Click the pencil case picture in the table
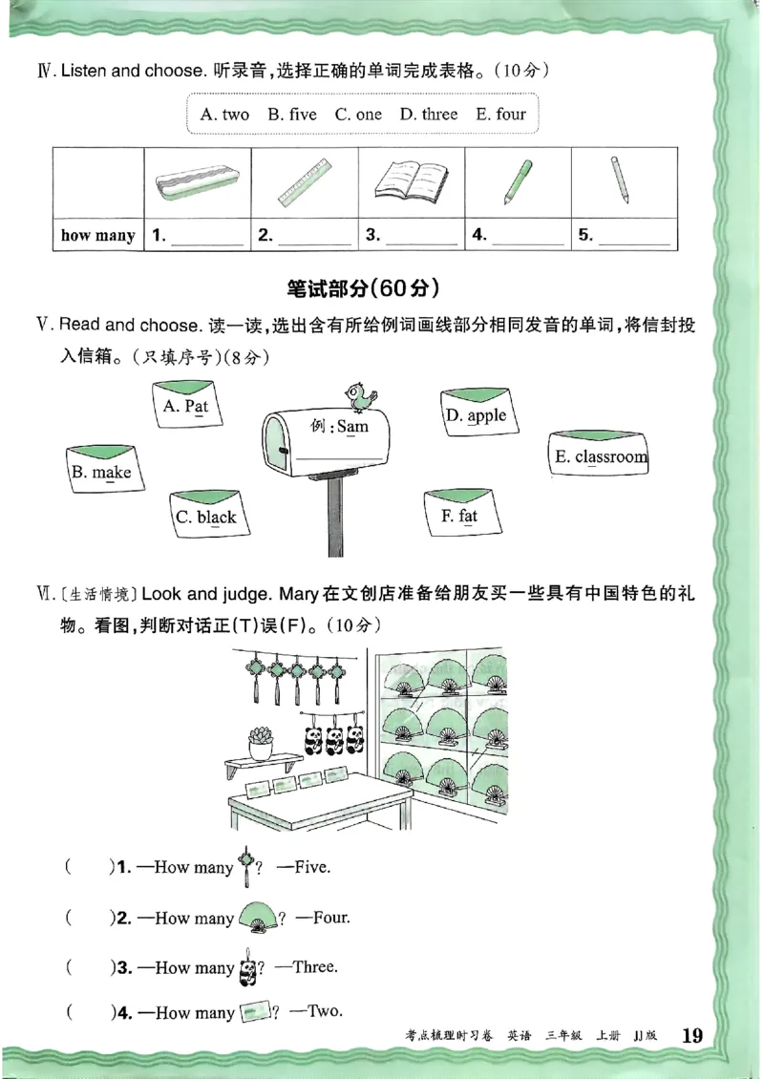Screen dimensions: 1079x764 point(198,180)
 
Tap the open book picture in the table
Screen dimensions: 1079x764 point(411,180)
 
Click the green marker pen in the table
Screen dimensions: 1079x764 point(518,180)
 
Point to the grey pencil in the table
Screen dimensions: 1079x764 point(620,180)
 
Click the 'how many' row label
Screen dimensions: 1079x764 point(97,236)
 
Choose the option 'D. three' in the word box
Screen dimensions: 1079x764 point(428,115)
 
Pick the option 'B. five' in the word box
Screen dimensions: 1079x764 point(291,115)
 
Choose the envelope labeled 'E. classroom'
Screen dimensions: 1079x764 point(600,455)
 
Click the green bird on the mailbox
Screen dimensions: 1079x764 point(360,392)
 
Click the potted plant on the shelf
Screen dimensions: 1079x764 point(261,742)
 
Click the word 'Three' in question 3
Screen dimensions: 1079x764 point(314,966)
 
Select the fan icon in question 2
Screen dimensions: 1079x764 point(259,918)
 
